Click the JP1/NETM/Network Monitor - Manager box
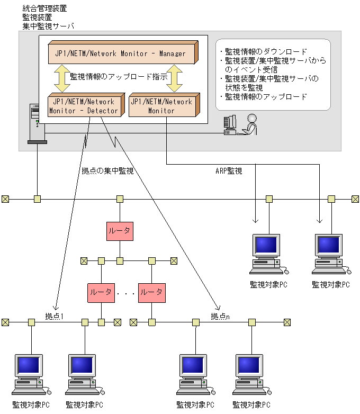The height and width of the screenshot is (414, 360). pos(121,53)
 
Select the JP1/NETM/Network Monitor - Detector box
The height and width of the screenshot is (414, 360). pos(84,106)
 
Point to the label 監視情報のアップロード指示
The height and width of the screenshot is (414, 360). pos(119,77)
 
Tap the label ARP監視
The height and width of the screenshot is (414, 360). pos(229,171)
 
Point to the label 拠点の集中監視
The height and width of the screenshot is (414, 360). pos(107,171)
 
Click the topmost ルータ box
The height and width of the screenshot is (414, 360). pos(120,231)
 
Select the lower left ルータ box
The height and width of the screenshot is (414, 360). pos(101,292)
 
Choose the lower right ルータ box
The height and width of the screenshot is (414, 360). pos(152,292)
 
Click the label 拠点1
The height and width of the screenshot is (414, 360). pos(55,316)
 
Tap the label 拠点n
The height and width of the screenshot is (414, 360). pos(220,316)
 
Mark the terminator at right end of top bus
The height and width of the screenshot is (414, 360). pos(355,199)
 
